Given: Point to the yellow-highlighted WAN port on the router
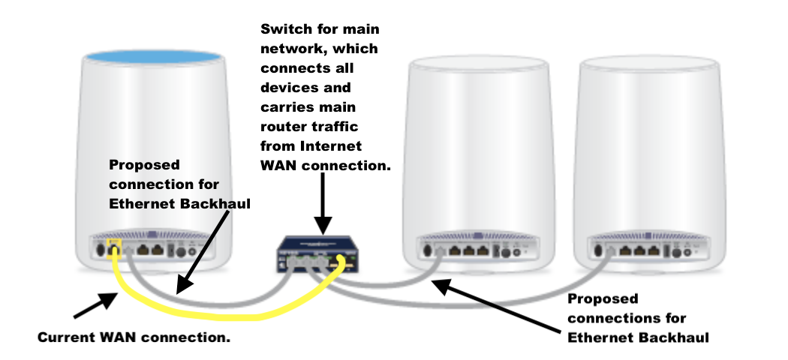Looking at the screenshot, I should pyautogui.click(x=114, y=246).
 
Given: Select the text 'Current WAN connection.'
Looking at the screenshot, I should pyautogui.click(x=134, y=337).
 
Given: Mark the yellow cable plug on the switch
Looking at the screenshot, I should pyautogui.click(x=341, y=261).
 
